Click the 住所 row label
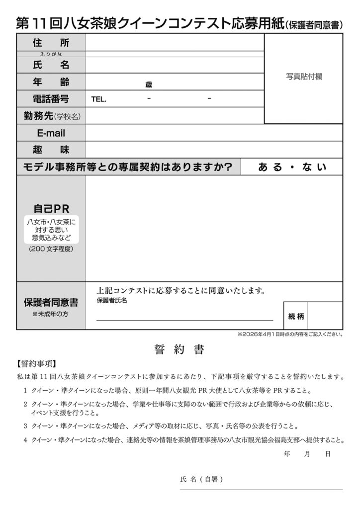[51, 43]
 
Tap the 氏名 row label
[51, 65]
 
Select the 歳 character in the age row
[149, 85]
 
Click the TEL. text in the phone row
[99, 99]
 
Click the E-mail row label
[51, 133]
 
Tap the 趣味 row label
[51, 150]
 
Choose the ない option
[314, 168]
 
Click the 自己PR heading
[51, 208]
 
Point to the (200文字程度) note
[51, 249]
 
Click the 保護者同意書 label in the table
[51, 302]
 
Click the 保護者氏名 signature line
[184, 320]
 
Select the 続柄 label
[296, 316]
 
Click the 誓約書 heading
[180, 349]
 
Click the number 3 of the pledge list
[25, 426]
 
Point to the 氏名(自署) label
[201, 480]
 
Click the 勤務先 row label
[51, 116]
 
